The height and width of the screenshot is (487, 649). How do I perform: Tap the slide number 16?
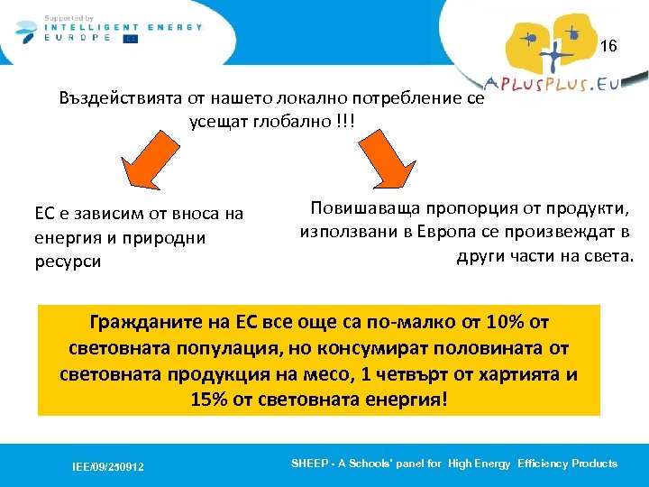click(x=608, y=46)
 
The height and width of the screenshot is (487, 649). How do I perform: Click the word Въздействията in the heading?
click(x=122, y=97)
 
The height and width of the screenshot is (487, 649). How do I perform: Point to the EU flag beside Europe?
click(x=131, y=39)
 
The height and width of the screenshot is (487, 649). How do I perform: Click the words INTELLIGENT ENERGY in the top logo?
click(x=125, y=27)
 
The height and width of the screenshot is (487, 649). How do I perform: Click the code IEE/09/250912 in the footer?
click(x=108, y=466)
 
